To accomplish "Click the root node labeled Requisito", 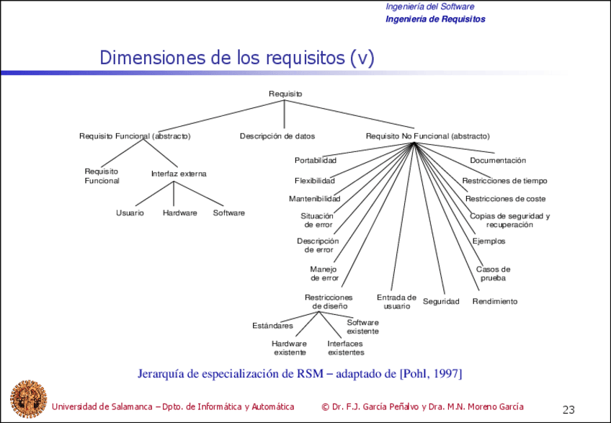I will click(x=285, y=94).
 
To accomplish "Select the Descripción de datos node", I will click(x=277, y=135).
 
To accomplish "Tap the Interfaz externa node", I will click(x=179, y=174).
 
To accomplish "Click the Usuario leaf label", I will click(x=130, y=213).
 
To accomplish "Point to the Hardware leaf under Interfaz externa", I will click(x=180, y=213).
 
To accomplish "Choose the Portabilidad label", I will click(x=315, y=160).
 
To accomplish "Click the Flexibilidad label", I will click(x=314, y=180).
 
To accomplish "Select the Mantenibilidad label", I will click(x=314, y=199).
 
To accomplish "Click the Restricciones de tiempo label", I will click(x=504, y=181).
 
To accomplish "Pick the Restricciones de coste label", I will click(x=505, y=199).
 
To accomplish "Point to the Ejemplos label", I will click(x=489, y=241).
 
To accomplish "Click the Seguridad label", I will click(x=441, y=301).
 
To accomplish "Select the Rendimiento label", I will click(x=495, y=301).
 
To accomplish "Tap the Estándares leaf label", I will click(x=272, y=326).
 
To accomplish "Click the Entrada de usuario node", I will click(x=396, y=301).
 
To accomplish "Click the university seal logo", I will click(x=27, y=399).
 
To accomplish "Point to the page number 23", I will click(x=568, y=410).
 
